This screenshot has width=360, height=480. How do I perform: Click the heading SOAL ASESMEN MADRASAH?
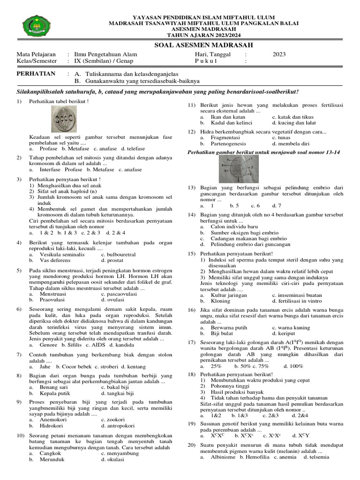(203, 45)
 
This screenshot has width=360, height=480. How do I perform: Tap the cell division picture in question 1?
(65, 120)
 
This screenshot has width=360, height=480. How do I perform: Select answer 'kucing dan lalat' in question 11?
(292, 122)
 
